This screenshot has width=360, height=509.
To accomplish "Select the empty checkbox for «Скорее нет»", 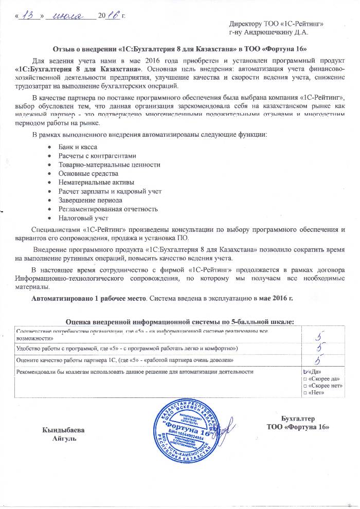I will click(x=305, y=386).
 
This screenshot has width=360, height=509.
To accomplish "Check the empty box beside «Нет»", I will click(x=305, y=393).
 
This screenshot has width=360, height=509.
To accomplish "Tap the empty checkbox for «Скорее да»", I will click(x=305, y=378).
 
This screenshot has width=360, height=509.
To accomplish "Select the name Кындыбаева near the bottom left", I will click(x=63, y=429).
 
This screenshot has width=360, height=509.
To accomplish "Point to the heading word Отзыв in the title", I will click(x=64, y=49).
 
